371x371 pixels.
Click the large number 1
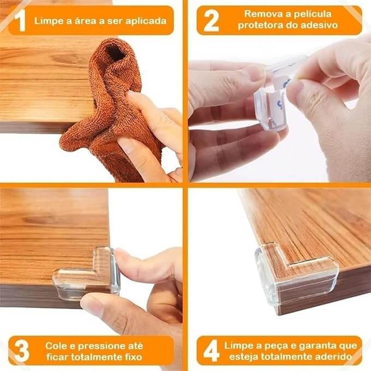click(x=21, y=21)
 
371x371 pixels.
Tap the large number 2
click(x=211, y=21)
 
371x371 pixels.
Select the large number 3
click(x=22, y=351)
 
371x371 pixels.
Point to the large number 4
click(x=211, y=351)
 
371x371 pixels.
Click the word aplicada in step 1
click(x=146, y=21)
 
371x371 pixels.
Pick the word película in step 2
click(x=312, y=14)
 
